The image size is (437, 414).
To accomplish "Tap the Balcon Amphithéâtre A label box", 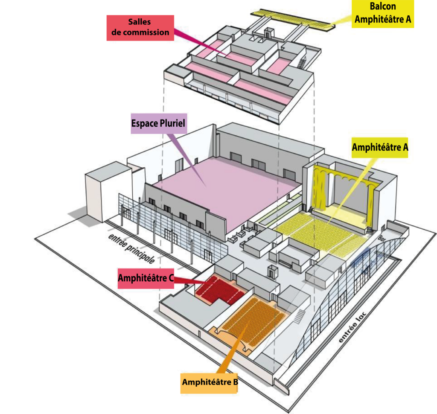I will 382,13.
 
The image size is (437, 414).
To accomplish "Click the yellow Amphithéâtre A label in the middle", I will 379,148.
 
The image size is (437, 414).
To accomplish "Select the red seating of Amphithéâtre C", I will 218,289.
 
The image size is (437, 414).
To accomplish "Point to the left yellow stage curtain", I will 319,188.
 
